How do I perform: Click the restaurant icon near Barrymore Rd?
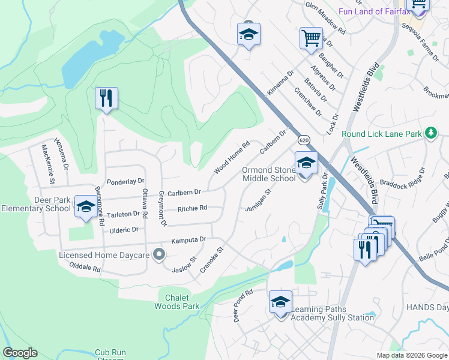pyautogui.click(x=106, y=98)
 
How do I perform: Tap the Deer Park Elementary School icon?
pyautogui.click(x=85, y=207)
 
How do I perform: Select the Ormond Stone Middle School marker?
pyautogui.click(x=306, y=163)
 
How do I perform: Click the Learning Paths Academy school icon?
pyautogui.click(x=280, y=302)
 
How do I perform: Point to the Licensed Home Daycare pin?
pyautogui.click(x=159, y=255)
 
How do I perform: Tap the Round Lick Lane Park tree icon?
pyautogui.click(x=430, y=133)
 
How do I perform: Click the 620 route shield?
pyautogui.click(x=304, y=140)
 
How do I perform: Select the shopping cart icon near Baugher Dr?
pyautogui.click(x=311, y=38)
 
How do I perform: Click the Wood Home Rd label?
pyautogui.click(x=231, y=158)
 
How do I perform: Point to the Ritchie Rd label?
pyautogui.click(x=192, y=209)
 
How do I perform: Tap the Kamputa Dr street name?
pyautogui.click(x=188, y=240)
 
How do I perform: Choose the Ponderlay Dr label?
pyautogui.click(x=125, y=181)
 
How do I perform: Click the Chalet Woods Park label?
pyautogui.click(x=181, y=302)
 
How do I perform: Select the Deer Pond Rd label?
pyautogui.click(x=244, y=306)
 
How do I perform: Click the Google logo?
pyautogui.click(x=20, y=353)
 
